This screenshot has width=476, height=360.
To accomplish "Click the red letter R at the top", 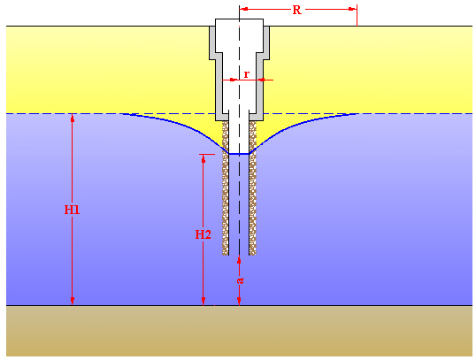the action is click(x=296, y=10).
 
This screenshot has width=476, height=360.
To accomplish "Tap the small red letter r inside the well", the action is click(x=247, y=73).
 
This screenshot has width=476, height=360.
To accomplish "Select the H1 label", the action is click(x=72, y=210).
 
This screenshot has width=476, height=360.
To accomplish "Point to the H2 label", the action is click(x=203, y=234).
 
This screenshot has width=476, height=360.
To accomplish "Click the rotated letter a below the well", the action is click(x=240, y=280).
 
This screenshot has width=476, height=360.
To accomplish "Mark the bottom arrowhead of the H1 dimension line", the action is click(x=73, y=302).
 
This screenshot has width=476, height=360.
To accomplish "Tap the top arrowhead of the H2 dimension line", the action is click(x=203, y=158).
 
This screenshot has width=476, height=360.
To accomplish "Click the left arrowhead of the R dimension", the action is click(x=243, y=9).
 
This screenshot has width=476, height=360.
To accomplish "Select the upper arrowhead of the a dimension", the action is click(x=239, y=259).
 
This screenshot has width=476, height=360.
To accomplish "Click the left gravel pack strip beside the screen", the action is click(x=226, y=188).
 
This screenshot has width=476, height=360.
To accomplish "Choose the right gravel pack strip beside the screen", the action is click(x=252, y=188).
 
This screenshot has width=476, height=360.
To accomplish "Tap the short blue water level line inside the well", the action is click(x=239, y=154).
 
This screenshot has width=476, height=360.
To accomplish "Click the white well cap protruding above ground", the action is click(x=239, y=23).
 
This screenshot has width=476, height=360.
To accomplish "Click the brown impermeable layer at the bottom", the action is click(x=239, y=331).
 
